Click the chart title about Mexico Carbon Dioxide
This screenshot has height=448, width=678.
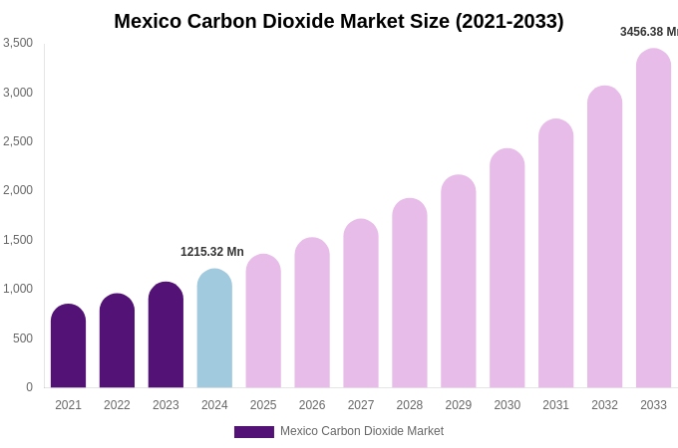pos(338,21)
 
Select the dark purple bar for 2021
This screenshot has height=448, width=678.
pos(68,346)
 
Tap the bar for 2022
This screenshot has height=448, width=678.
pos(117,340)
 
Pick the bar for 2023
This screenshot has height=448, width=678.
pos(166,336)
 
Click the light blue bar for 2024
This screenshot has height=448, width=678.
pos(214,329)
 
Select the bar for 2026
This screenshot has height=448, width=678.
pos(312,314)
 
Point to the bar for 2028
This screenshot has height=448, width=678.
pos(410,294)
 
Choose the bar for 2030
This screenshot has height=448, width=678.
pos(507,269)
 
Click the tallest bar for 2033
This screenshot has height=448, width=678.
pos(653,219)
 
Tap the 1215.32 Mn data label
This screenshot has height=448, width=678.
pos(211,252)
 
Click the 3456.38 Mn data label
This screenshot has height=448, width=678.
pos(649,32)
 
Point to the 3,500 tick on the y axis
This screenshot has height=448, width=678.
pos(18,43)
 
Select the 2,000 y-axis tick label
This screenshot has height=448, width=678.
pos(18,190)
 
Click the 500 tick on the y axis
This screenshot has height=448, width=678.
pos(22,338)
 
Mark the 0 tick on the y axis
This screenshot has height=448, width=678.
pos(29,387)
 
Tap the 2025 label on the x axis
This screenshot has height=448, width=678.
pos(263,405)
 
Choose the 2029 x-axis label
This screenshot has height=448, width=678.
pos(459,405)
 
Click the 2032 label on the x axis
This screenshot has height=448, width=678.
pos(604,405)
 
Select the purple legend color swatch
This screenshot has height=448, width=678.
pos(254,432)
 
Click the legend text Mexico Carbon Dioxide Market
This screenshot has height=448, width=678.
pos(362,431)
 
